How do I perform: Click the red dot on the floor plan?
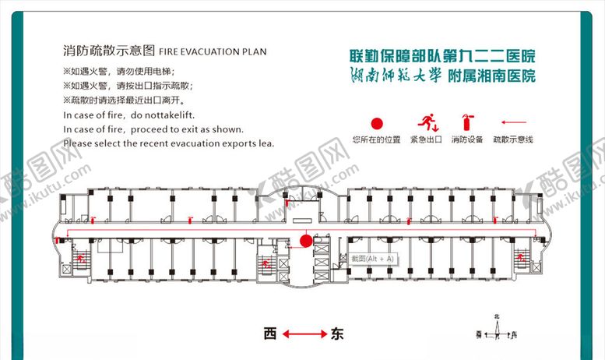pos(306,241)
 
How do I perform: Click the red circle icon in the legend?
pos(376,123)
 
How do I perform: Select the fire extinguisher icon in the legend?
pos(466,122)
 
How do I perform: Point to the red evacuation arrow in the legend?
pos(513,122)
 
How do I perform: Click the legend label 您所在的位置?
pos(376,140)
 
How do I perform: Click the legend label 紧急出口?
pos(426,140)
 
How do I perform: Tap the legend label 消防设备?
pos(466,140)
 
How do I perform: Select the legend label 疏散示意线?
pos(513,140)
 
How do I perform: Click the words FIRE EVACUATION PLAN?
pos(212,52)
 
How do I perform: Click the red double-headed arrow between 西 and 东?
pos(303,335)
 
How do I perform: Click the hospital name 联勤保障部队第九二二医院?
pos(442,57)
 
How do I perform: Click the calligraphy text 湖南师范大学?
pos(386,76)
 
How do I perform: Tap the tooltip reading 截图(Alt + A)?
pos(373,258)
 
